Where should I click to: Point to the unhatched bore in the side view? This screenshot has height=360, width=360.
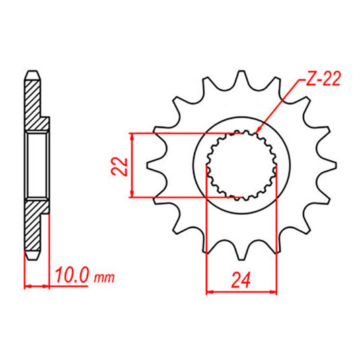(x=36, y=166)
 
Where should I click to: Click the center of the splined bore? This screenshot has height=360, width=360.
(x=241, y=166)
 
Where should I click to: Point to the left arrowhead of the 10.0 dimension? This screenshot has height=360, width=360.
(x=27, y=286)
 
